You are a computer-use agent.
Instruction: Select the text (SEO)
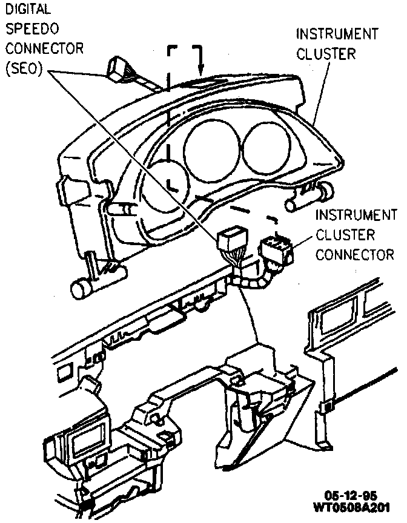(x=23, y=68)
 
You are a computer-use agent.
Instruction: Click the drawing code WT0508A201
(x=351, y=506)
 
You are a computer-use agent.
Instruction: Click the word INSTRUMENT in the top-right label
(x=336, y=34)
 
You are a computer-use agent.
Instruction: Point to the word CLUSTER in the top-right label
(x=325, y=54)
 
